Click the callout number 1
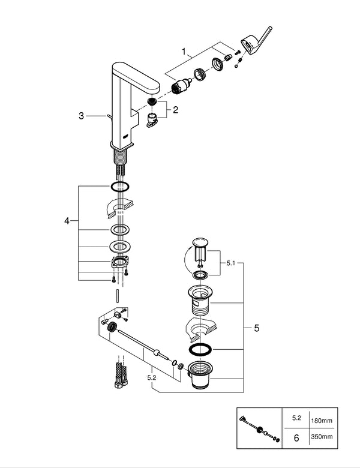(x=184, y=52)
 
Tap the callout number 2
(x=175, y=110)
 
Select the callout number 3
(x=81, y=116)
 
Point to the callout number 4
(x=67, y=221)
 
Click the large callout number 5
(x=257, y=328)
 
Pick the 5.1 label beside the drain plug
(x=231, y=263)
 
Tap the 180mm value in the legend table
(x=322, y=421)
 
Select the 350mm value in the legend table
(x=322, y=437)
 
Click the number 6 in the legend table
(x=296, y=438)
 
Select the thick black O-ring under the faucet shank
(x=120, y=187)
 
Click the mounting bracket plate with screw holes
(x=119, y=262)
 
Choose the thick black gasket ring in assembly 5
(x=200, y=350)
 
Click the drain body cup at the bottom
(x=199, y=374)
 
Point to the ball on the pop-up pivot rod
(x=156, y=352)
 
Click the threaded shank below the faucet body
(x=121, y=157)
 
